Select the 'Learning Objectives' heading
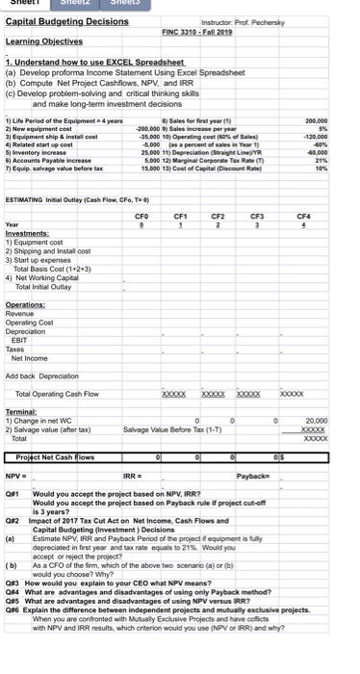[41, 42]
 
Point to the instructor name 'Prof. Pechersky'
[263, 20]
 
